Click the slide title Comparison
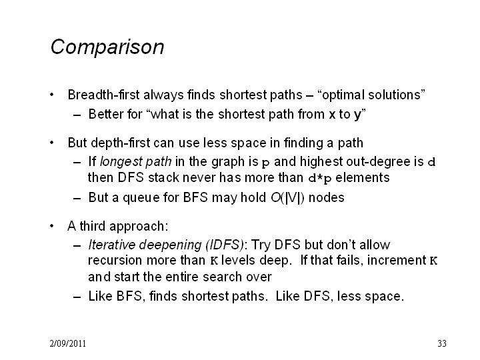point(107,47)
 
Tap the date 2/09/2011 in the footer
point(67,343)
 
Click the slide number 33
point(442,343)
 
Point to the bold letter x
point(332,115)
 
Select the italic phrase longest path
point(135,161)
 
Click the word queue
point(141,198)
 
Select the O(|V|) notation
point(287,198)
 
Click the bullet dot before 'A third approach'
point(52,226)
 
